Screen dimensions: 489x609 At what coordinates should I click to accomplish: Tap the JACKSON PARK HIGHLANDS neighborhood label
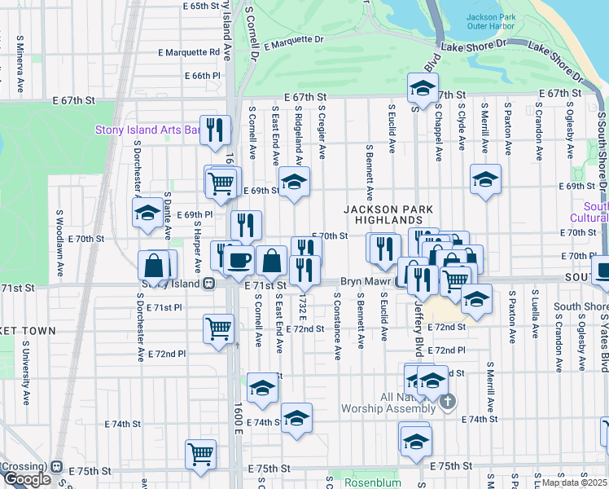point(388,214)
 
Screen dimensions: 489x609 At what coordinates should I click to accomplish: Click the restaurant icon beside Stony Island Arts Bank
point(215,130)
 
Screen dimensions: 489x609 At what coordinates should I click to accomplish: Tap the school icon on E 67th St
point(423,88)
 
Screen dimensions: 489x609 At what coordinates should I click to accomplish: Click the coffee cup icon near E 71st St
point(239,260)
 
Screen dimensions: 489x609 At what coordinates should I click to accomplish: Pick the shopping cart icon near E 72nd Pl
point(218,329)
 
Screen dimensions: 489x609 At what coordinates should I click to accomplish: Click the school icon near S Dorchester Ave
point(147,213)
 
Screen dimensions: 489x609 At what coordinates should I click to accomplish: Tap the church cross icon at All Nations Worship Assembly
point(447,401)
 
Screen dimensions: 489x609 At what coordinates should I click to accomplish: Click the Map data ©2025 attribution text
point(575,482)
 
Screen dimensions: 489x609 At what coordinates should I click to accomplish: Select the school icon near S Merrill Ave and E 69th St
point(485,180)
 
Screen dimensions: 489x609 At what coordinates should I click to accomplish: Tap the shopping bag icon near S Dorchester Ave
point(154,265)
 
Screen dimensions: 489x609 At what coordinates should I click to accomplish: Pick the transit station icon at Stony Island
point(209,284)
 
